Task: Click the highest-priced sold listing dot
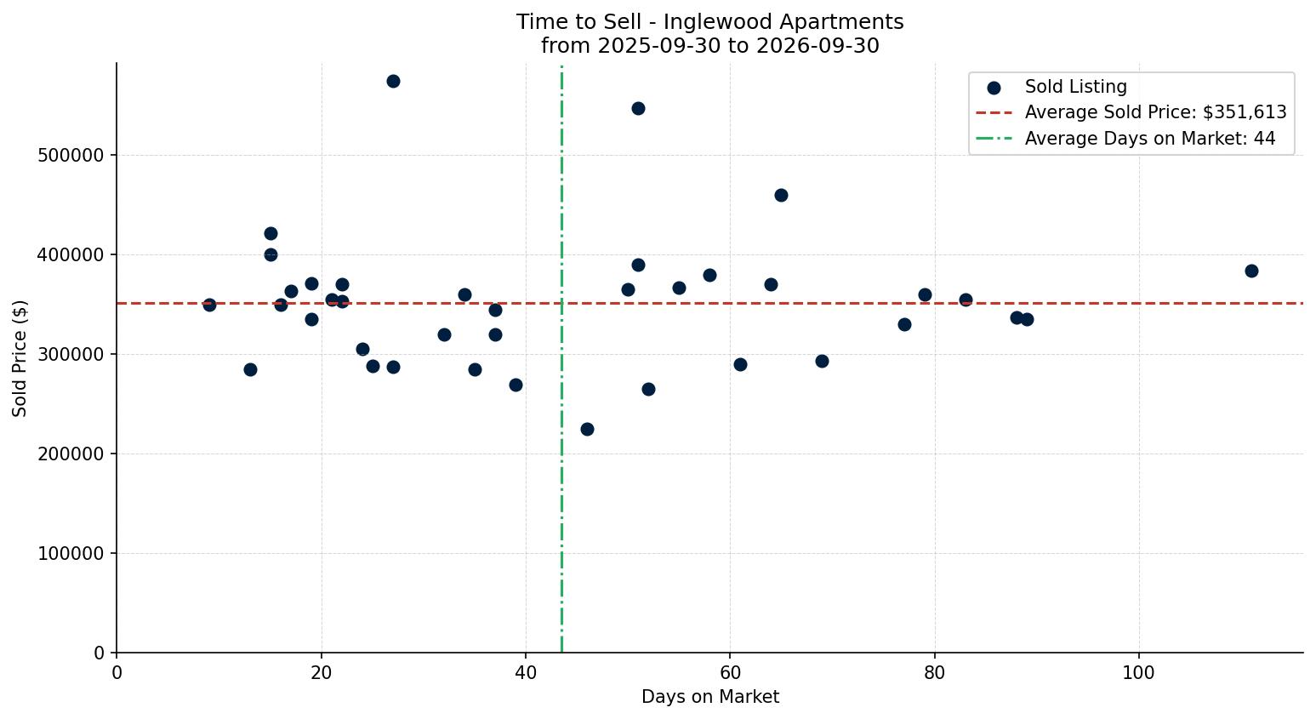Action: pos(393,81)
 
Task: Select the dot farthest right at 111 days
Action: pos(1251,271)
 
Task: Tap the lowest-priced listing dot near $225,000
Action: pos(587,430)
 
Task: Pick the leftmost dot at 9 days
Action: pos(209,305)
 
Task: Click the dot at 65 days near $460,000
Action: pos(781,196)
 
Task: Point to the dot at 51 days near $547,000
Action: pos(638,109)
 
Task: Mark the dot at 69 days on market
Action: pos(822,362)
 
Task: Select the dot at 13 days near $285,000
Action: pos(250,369)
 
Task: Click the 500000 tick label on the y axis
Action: pos(71,156)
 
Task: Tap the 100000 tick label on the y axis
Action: pos(71,554)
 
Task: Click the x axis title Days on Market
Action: pos(710,697)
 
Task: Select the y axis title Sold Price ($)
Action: pos(20,358)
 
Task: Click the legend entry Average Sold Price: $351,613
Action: pos(1155,112)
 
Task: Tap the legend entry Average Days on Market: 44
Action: pos(1150,139)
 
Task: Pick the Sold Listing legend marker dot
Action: pos(994,88)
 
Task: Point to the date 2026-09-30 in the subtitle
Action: pos(818,46)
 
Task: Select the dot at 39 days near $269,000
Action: pos(516,385)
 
